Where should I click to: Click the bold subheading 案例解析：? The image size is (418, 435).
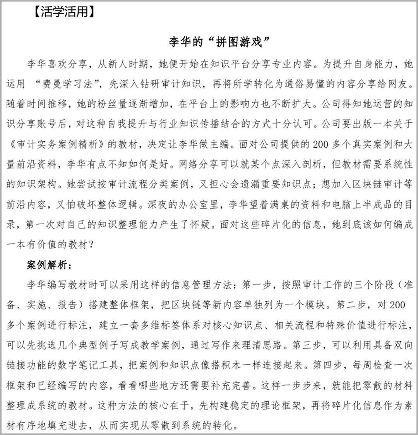click(48, 265)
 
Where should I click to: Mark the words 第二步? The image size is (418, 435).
click(351, 305)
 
